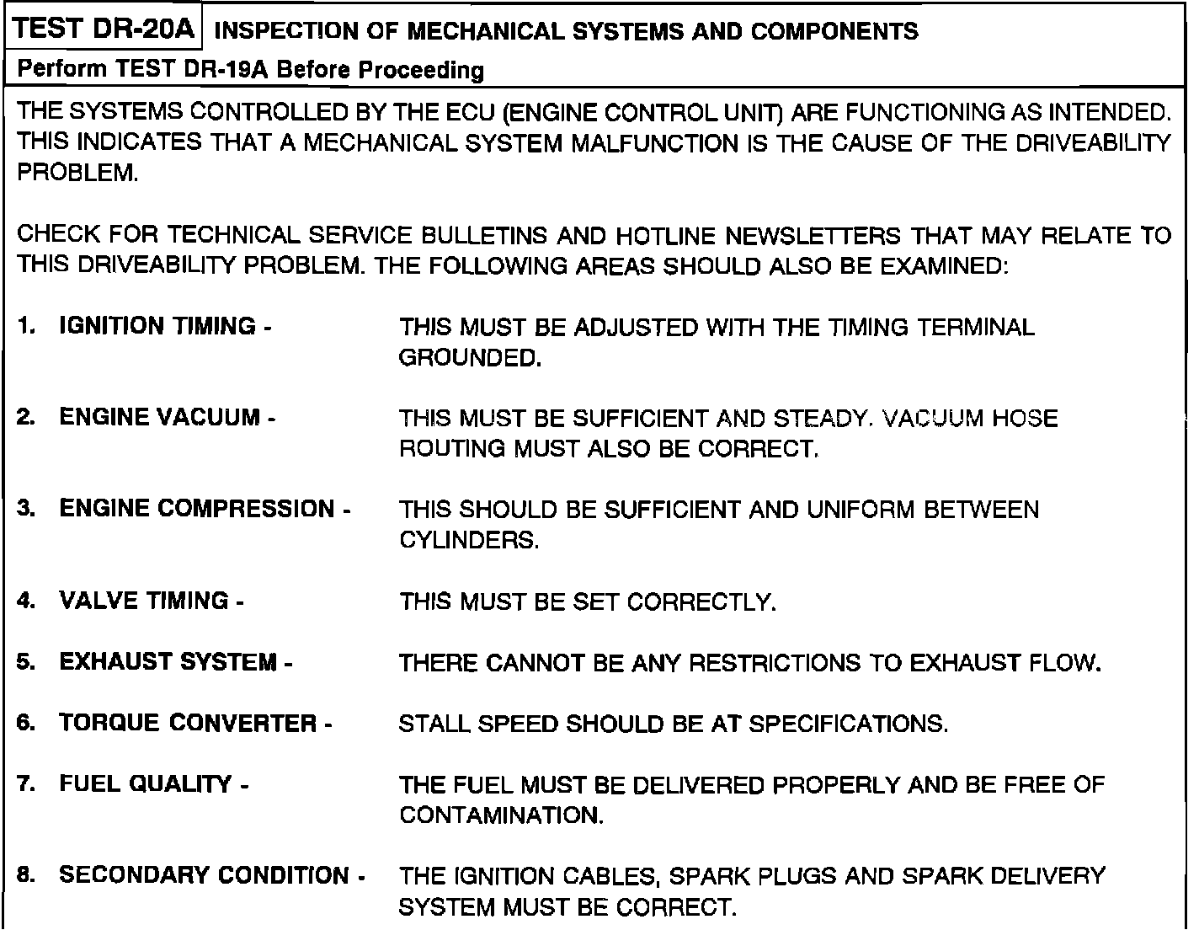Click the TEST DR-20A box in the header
(105, 30)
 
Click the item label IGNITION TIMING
(157, 327)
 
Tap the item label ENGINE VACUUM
(160, 418)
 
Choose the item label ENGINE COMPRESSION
(197, 509)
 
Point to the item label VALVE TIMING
(144, 601)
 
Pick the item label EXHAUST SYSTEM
(168, 662)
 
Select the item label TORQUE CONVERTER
(189, 723)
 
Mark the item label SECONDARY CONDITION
(205, 875)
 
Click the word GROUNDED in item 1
(468, 358)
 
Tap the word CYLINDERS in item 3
(468, 540)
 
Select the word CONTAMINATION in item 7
(501, 815)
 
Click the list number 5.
(26, 662)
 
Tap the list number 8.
(26, 875)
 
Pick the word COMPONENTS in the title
(834, 32)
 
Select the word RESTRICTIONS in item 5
(775, 663)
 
